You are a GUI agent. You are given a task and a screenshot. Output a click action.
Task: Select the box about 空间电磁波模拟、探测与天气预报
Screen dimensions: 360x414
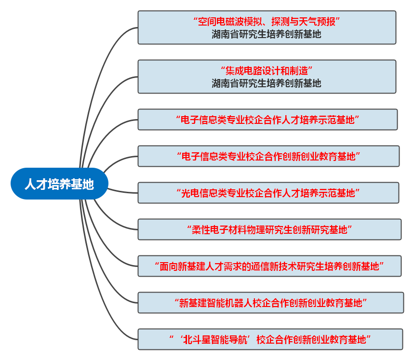267,27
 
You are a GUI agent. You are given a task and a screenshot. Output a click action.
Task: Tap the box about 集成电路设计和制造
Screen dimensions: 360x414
267,77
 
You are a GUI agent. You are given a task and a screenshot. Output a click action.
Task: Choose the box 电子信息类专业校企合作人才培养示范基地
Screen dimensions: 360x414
267,120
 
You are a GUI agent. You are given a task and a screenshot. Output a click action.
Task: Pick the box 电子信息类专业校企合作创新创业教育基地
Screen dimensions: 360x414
268,156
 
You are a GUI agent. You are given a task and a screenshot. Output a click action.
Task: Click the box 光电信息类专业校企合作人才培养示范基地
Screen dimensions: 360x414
268,193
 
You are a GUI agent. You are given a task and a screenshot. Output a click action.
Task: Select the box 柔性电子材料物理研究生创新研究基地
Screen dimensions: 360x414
269,229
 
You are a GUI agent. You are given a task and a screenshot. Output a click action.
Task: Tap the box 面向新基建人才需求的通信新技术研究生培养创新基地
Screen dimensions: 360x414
269,266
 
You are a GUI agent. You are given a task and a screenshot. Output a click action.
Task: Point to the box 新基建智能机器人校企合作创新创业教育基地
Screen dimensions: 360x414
270,303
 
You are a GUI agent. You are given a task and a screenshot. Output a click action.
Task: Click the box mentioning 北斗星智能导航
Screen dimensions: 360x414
270,339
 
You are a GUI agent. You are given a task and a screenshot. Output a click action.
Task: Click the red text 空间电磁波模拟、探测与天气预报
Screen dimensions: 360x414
267,22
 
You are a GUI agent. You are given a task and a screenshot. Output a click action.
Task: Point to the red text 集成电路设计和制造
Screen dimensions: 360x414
267,71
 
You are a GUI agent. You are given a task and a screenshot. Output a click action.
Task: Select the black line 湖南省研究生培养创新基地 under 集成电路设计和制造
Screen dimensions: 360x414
267,83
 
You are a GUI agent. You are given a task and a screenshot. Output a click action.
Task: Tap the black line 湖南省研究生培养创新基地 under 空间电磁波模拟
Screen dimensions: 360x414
267,34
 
